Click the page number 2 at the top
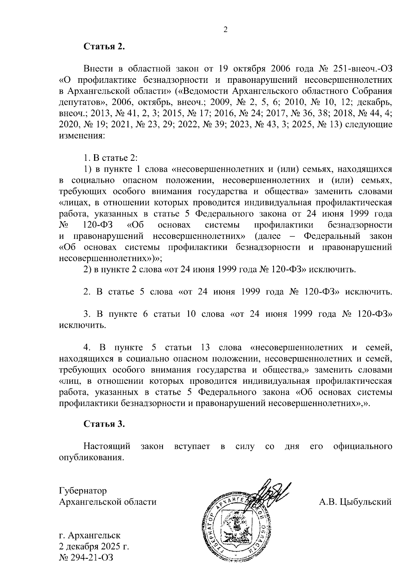point(226,30)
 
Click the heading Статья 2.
point(104,47)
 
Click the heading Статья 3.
point(104,424)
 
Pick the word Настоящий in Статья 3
point(107,446)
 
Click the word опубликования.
point(91,458)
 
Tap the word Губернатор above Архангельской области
point(83,491)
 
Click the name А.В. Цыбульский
point(355,502)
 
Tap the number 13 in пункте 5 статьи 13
point(206,348)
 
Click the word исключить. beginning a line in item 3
point(82,325)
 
